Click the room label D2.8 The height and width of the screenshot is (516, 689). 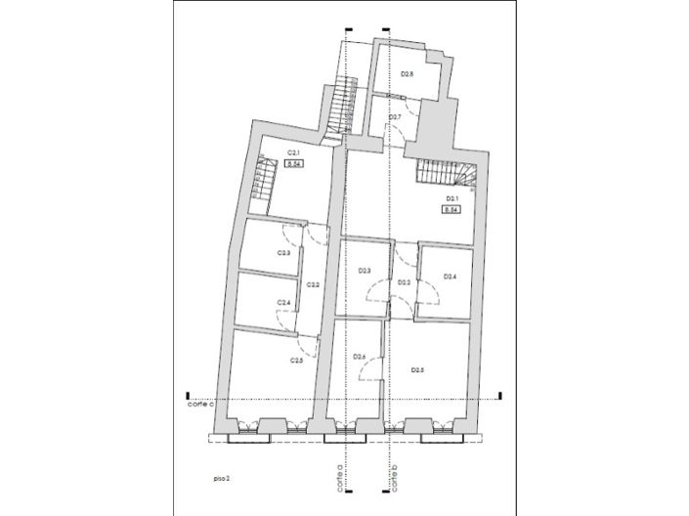coord(408,74)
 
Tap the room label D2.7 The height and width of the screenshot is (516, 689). coord(395,117)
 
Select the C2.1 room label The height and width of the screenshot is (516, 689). coord(293,152)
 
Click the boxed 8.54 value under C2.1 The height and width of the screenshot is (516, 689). coord(293,164)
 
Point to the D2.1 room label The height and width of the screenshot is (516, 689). coord(452,198)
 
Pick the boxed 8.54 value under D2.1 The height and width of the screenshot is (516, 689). coord(452,209)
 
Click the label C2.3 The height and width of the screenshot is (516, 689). coord(283,253)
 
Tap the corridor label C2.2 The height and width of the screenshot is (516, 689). coord(313,284)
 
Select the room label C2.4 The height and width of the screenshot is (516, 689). coord(283,303)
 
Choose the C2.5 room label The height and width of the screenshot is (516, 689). coord(297,361)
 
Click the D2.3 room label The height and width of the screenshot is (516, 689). coord(364,271)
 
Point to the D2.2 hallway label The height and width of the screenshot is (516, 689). coord(404,282)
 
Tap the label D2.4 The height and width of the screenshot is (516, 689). coord(450,277)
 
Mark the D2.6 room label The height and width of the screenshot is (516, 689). coord(359,358)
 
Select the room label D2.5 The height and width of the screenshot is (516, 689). coord(417,369)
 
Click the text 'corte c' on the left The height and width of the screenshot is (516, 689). coord(201,403)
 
